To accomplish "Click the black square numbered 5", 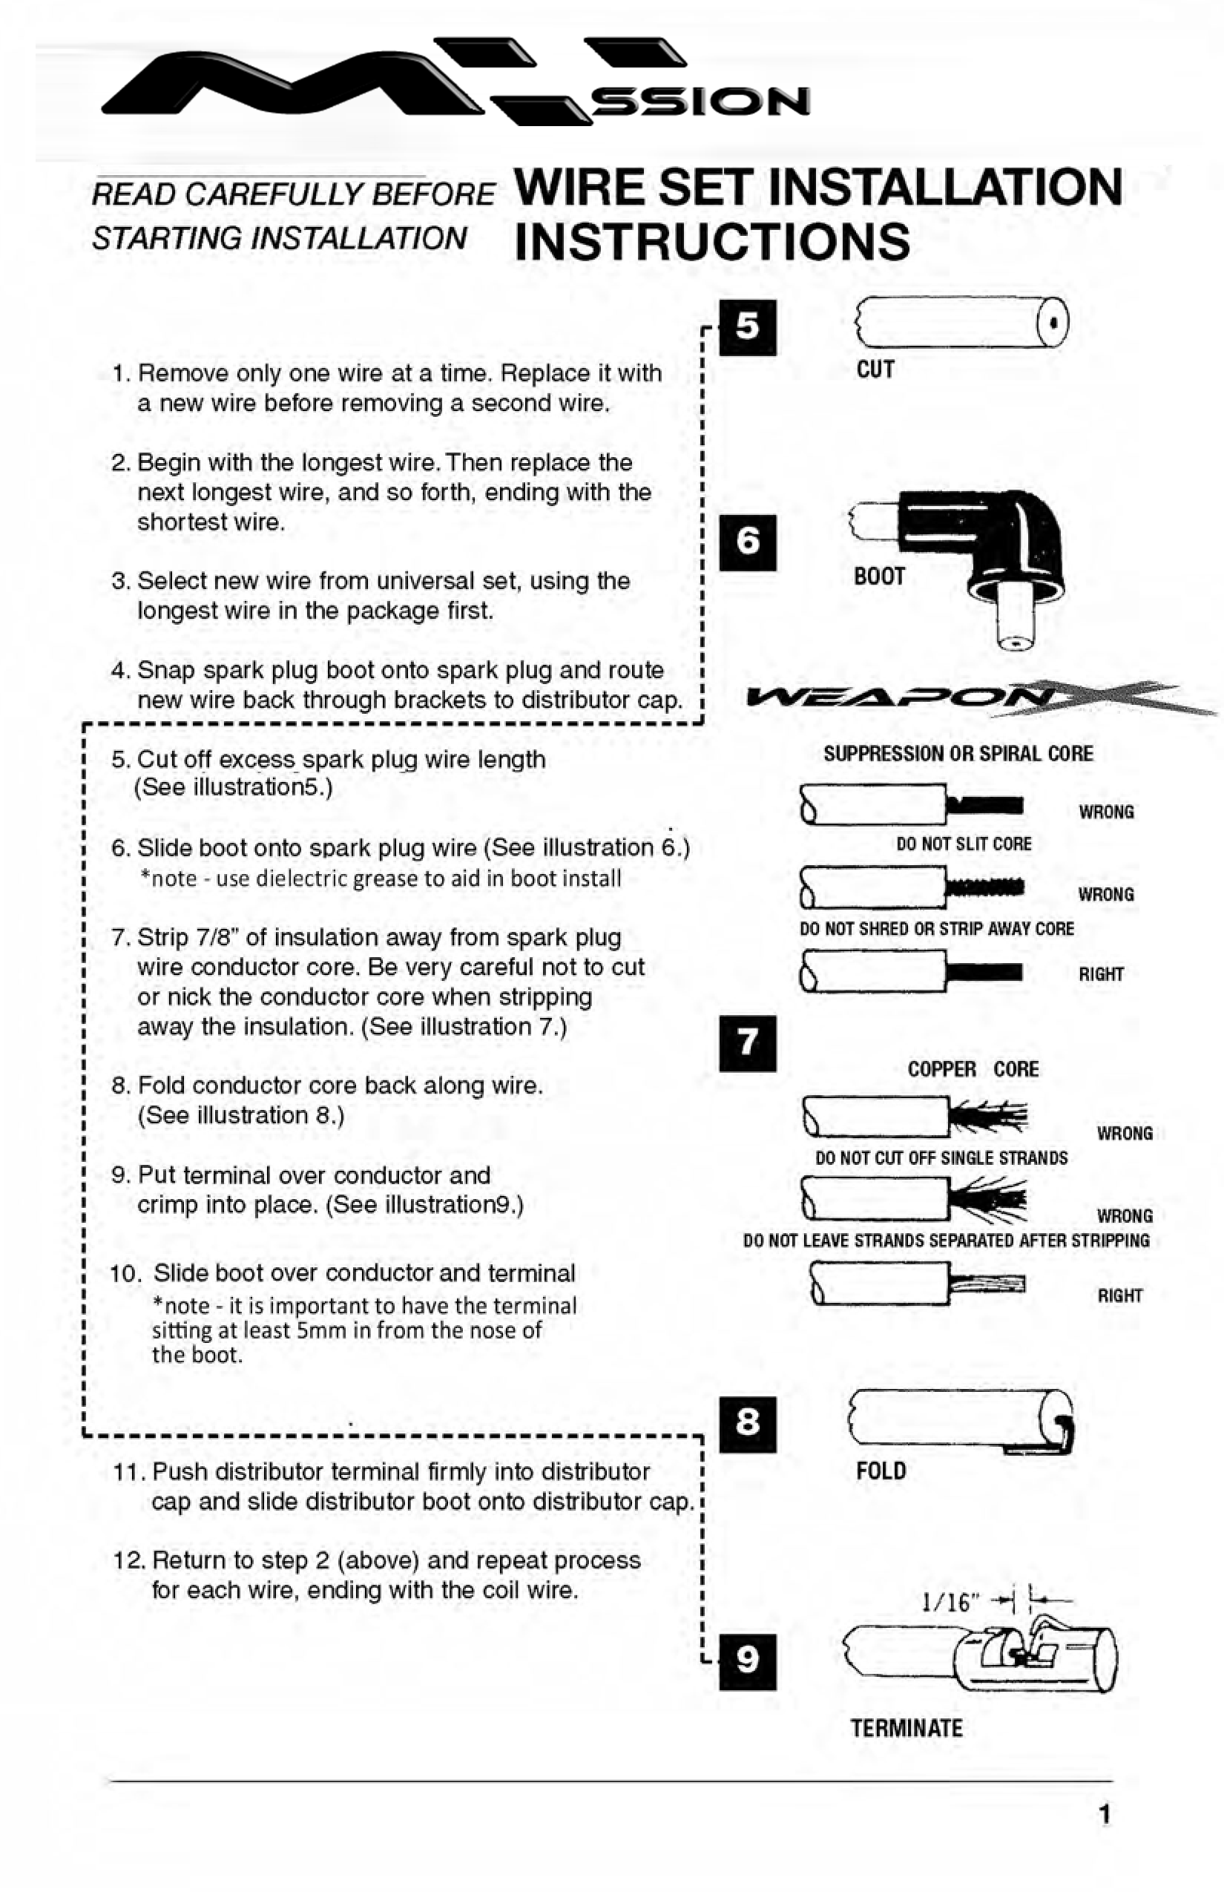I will pyautogui.click(x=747, y=326).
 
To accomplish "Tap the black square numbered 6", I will pyautogui.click(x=747, y=542).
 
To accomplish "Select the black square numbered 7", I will pyautogui.click(x=747, y=1043).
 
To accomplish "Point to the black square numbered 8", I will pyautogui.click(x=747, y=1424).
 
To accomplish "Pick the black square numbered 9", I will pyautogui.click(x=747, y=1661).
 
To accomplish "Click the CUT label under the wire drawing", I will pyautogui.click(x=875, y=369).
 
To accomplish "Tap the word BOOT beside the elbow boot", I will pyautogui.click(x=879, y=577).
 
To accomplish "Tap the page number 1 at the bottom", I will pyautogui.click(x=1104, y=1814).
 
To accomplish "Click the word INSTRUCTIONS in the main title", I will pyautogui.click(x=712, y=243).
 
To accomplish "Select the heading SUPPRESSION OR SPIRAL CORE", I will pyautogui.click(x=958, y=754).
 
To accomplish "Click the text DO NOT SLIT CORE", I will pyautogui.click(x=964, y=844).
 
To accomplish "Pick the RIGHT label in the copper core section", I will pyautogui.click(x=1119, y=1295).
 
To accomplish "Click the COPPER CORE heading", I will pyautogui.click(x=973, y=1069).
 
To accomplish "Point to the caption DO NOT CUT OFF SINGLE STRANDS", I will pyautogui.click(x=941, y=1158).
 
